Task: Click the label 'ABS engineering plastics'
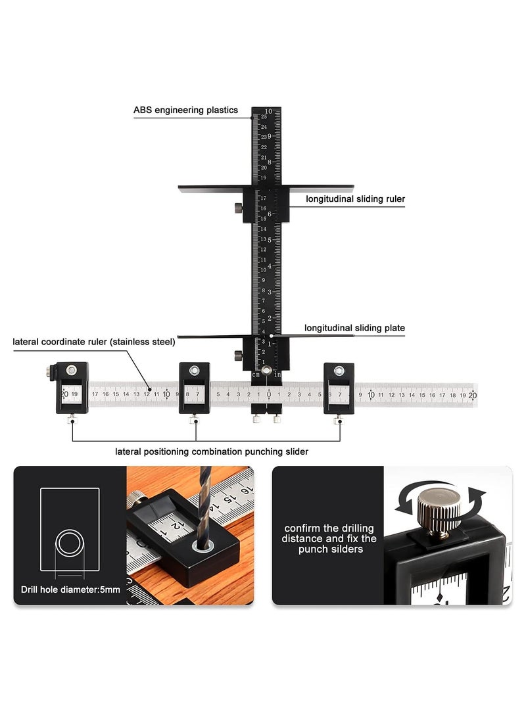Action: (185, 110)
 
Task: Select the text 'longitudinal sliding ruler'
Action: (355, 198)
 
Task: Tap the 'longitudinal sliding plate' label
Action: (354, 328)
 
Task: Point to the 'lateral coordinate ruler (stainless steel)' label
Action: (94, 342)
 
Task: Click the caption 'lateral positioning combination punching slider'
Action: (212, 451)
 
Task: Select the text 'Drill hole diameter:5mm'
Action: (70, 590)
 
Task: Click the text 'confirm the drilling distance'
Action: (329, 533)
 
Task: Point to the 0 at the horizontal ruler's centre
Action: (268, 395)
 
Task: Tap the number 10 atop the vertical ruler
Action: (268, 112)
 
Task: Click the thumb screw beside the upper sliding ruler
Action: (236, 208)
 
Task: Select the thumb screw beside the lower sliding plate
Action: (236, 356)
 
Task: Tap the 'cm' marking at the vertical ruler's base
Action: (256, 374)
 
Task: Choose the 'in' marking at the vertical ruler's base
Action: (278, 374)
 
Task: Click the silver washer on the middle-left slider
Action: (194, 371)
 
